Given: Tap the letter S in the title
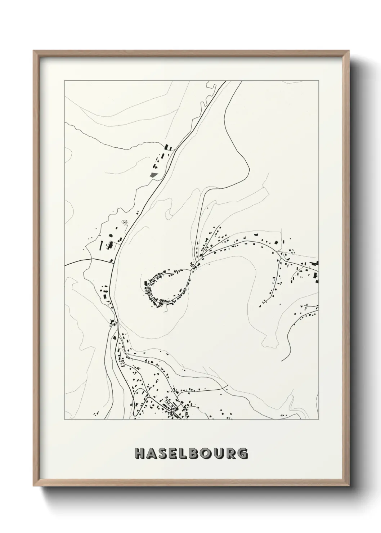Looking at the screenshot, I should (163, 453).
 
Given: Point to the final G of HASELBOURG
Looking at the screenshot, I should (243, 453).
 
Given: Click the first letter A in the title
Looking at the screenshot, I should (151, 453).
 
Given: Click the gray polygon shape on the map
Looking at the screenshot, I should (154, 175).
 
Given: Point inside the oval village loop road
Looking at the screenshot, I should (169, 285).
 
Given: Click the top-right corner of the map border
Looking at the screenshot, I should (318, 81).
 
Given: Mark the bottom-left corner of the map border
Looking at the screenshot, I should (64, 420).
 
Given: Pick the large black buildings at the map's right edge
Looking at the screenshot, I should (316, 276).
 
